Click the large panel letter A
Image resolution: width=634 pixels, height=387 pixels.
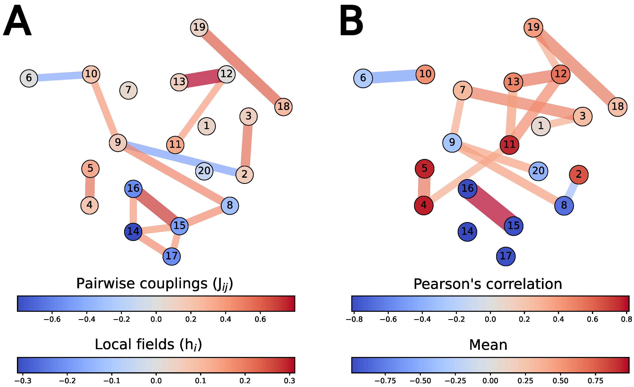click(x=17, y=21)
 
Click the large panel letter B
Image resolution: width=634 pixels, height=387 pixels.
click(x=351, y=21)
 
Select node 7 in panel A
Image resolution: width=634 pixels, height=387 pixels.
click(x=128, y=90)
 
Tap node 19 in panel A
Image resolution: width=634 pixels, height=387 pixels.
click(x=199, y=27)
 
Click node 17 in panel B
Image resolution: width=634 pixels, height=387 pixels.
click(x=506, y=256)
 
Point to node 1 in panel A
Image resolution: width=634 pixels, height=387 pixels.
click(x=207, y=126)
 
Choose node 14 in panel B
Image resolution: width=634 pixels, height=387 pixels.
click(x=467, y=232)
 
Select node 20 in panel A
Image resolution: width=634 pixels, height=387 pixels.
click(x=204, y=171)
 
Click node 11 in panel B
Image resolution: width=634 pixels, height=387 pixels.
click(x=509, y=145)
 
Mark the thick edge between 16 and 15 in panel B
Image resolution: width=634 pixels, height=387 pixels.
click(x=490, y=207)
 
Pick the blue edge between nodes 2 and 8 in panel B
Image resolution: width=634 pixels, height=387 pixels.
click(x=572, y=190)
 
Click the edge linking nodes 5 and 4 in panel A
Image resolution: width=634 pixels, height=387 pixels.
click(x=90, y=187)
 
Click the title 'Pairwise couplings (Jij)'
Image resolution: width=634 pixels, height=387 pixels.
click(x=155, y=284)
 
